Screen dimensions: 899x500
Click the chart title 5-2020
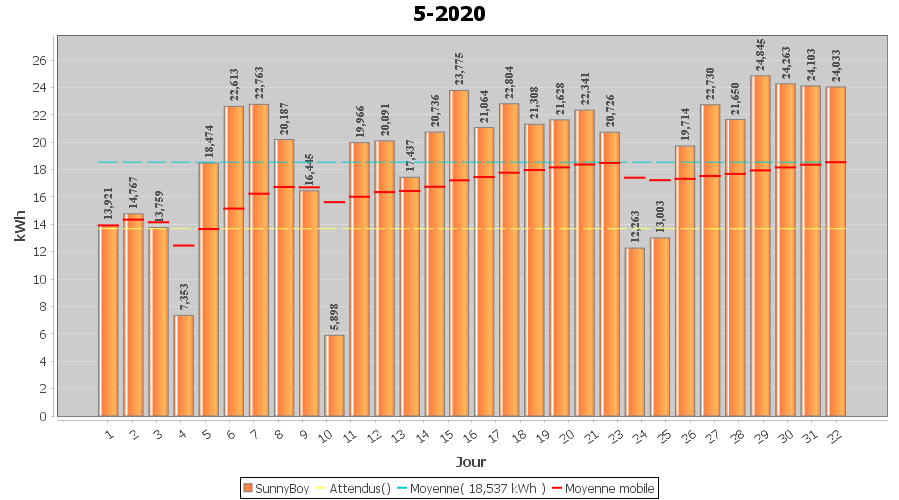tap(449, 14)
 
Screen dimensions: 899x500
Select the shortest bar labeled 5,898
tap(334, 375)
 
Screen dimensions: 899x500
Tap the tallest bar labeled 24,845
tap(760, 246)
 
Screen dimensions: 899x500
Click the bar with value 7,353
tap(184, 366)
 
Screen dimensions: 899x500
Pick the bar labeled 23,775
tap(459, 253)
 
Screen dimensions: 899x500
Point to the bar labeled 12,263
tap(635, 332)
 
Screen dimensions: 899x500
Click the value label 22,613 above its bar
tap(234, 85)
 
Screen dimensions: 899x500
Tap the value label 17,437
tap(410, 156)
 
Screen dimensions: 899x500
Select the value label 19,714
tap(685, 125)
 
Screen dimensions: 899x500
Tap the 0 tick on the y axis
tap(43, 417)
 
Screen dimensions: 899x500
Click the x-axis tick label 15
tap(447, 436)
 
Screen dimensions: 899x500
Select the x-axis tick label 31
tap(809, 436)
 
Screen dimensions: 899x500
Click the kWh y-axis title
tap(20, 226)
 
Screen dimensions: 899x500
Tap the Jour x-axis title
tap(471, 462)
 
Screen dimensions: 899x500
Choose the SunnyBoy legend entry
tap(276, 489)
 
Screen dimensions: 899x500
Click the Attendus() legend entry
tap(354, 489)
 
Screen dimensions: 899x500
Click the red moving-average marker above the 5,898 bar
tap(334, 202)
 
